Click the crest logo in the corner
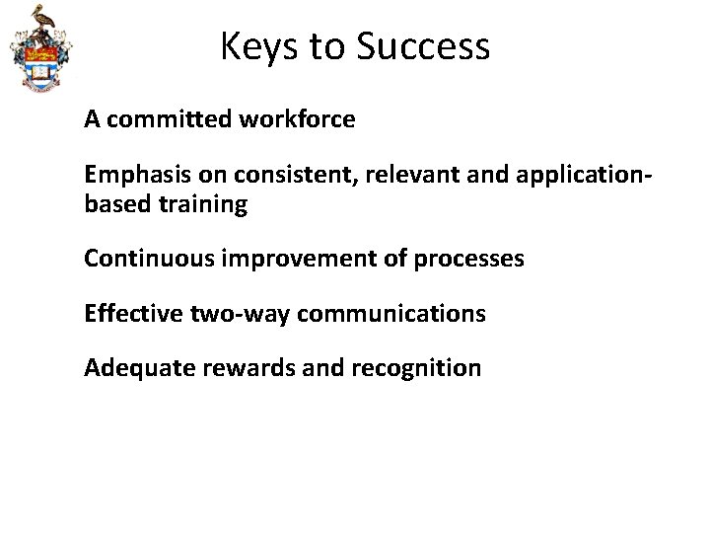39,49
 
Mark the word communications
390,314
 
